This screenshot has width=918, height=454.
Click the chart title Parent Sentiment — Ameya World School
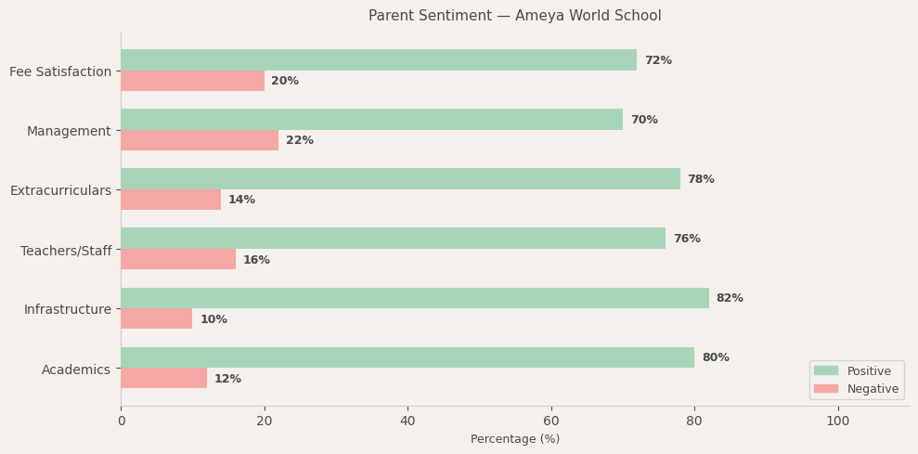[x=514, y=16]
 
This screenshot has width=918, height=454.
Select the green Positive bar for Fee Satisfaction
[x=379, y=60]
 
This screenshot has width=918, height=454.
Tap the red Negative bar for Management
[x=200, y=140]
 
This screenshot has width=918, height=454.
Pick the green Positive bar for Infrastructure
[x=415, y=298]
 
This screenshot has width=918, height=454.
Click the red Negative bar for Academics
[x=163, y=378]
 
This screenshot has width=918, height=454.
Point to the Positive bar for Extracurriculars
[x=400, y=179]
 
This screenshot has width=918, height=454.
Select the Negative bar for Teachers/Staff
[x=178, y=259]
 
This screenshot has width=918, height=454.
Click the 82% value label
[x=730, y=298]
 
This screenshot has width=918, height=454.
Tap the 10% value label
[x=213, y=319]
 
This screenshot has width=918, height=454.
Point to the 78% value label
[x=701, y=179]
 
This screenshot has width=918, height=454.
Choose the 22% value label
[x=300, y=140]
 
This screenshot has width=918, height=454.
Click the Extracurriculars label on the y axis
[x=60, y=190]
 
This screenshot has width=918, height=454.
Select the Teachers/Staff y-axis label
[x=66, y=251]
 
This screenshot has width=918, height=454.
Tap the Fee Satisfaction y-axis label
[x=60, y=71]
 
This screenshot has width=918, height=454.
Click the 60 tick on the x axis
[x=551, y=421]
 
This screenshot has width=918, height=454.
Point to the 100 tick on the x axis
[x=837, y=421]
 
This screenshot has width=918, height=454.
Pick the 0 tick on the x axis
[x=121, y=421]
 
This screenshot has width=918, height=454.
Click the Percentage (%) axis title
[x=515, y=439]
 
